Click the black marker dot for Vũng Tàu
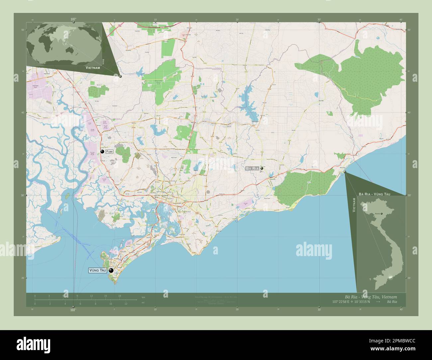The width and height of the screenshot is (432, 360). (x=111, y=270)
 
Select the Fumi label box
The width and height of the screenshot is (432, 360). (x=110, y=151)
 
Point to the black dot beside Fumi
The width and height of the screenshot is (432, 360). (x=102, y=151)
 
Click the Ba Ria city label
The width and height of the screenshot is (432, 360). (x=252, y=169)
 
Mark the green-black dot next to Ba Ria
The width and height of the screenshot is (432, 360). (x=262, y=169)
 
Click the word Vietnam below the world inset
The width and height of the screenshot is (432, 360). (x=93, y=67)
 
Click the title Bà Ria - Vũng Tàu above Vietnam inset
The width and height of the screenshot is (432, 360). (x=374, y=193)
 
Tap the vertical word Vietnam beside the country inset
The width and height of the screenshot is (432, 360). (x=354, y=204)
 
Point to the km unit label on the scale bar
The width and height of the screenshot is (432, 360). (x=143, y=297)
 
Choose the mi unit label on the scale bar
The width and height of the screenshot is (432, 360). (x=143, y=302)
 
